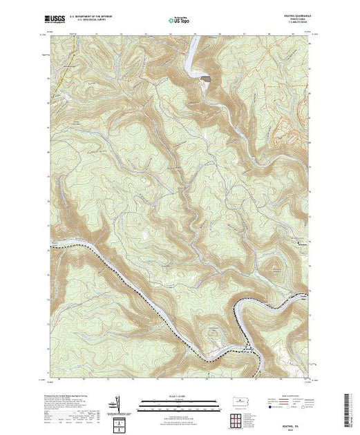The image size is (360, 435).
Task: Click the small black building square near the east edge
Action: pos(299,243)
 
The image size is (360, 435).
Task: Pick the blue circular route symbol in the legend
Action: pos(271,408)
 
